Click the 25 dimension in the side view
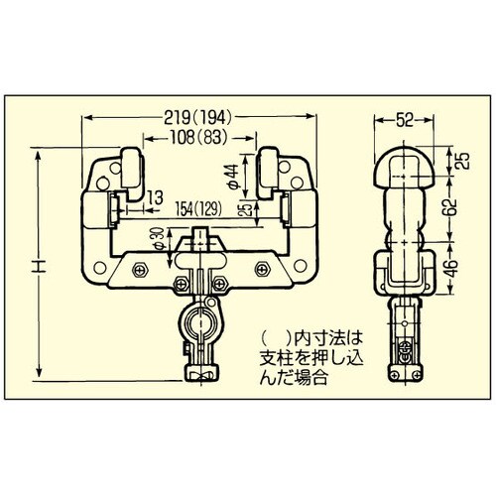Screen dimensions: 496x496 point(458,159)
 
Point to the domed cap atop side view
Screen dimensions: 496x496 point(408,164)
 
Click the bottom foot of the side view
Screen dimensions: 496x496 point(407,375)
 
